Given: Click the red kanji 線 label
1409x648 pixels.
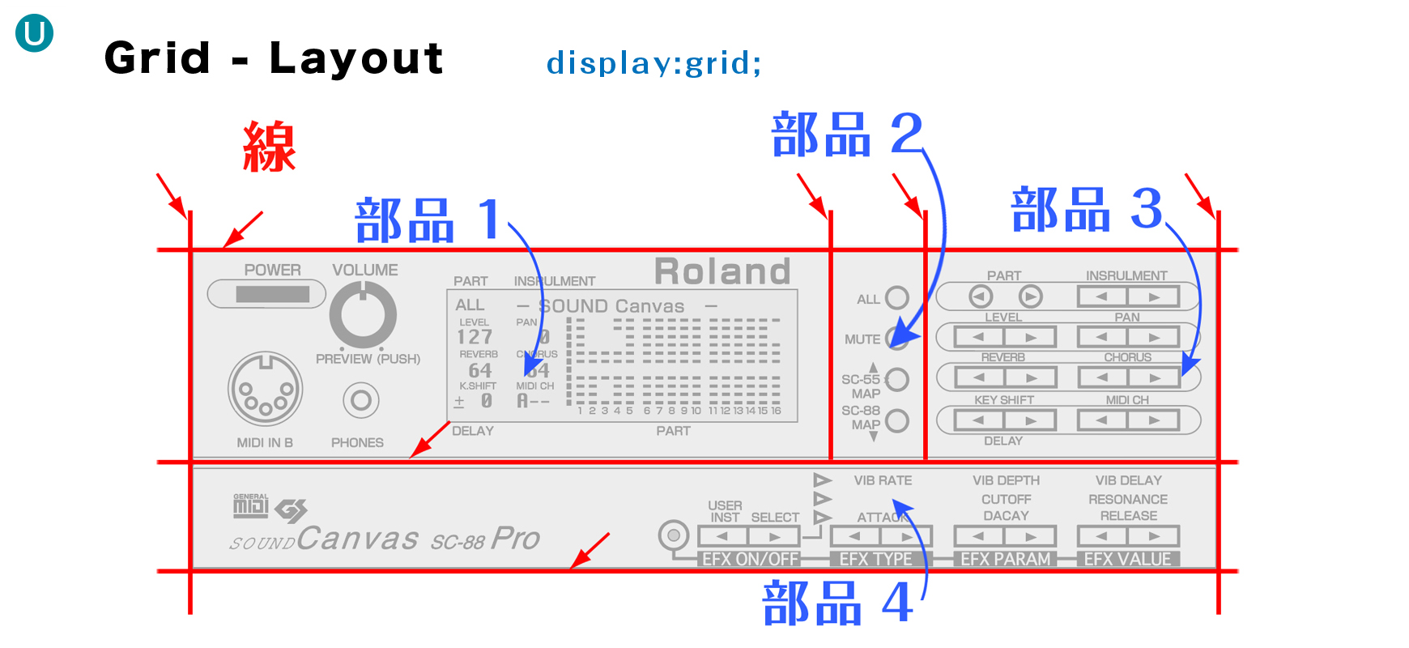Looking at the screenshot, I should click(270, 147).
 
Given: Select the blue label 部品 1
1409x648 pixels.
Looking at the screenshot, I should click(428, 220).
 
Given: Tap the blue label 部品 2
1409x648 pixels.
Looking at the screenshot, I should click(846, 134).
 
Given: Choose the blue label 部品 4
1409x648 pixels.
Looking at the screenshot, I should click(838, 603).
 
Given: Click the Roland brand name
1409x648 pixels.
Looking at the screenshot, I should click(722, 271).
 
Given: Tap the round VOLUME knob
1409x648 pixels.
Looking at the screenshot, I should click(363, 316).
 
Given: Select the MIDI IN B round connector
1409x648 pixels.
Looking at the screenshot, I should click(265, 390).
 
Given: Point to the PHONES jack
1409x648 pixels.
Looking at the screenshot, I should click(360, 400).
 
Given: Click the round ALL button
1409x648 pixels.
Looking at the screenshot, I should click(896, 298).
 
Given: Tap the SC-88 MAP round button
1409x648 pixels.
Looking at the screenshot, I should click(896, 420).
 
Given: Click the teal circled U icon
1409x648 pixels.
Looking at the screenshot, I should click(34, 34).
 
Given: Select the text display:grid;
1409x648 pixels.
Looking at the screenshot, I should click(653, 62).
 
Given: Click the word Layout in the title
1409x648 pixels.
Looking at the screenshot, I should click(356, 58).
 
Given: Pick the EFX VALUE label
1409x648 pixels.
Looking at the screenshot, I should click(1127, 559).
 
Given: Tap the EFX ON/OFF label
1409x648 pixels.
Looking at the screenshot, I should click(751, 559).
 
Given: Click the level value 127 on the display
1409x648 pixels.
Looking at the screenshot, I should click(475, 337).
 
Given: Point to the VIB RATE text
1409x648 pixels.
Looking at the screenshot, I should click(883, 480).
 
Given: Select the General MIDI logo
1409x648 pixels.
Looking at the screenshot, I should click(250, 505).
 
